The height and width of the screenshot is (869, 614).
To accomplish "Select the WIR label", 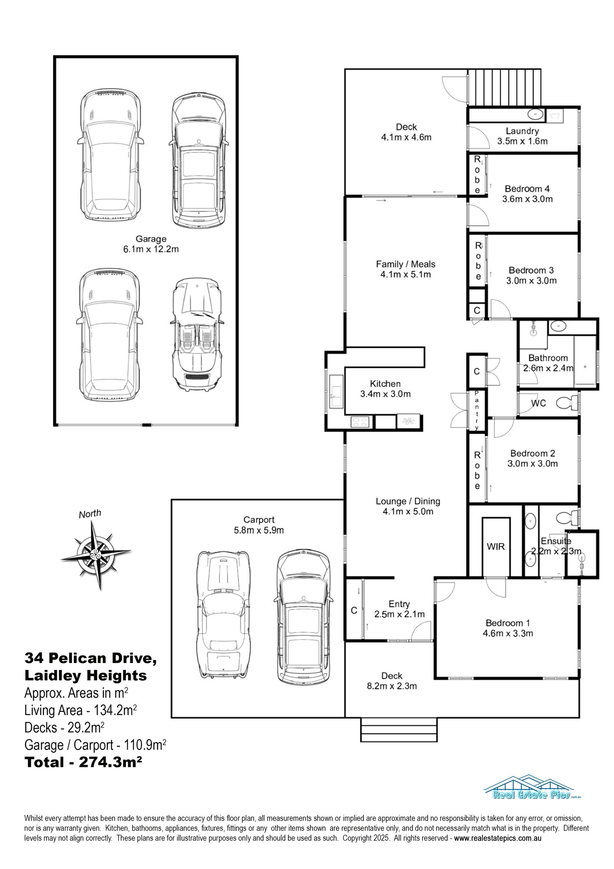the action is (x=495, y=546).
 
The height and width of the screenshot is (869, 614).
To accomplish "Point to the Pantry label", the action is (x=477, y=410).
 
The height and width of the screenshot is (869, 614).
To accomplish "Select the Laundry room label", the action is (x=522, y=131).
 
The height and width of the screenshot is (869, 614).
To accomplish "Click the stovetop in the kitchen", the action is (x=360, y=421).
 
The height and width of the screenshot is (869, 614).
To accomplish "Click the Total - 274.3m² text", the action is (x=84, y=762).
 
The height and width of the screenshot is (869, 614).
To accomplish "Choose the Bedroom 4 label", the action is (x=527, y=189).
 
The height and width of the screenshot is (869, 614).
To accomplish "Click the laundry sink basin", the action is (x=535, y=115).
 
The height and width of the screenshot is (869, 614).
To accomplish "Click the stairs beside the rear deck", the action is (x=505, y=87).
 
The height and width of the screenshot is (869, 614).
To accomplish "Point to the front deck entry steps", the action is (x=399, y=730).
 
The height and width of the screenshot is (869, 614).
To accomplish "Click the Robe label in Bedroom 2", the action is (x=477, y=470).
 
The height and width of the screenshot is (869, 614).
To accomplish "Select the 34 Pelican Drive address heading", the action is (x=91, y=658).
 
